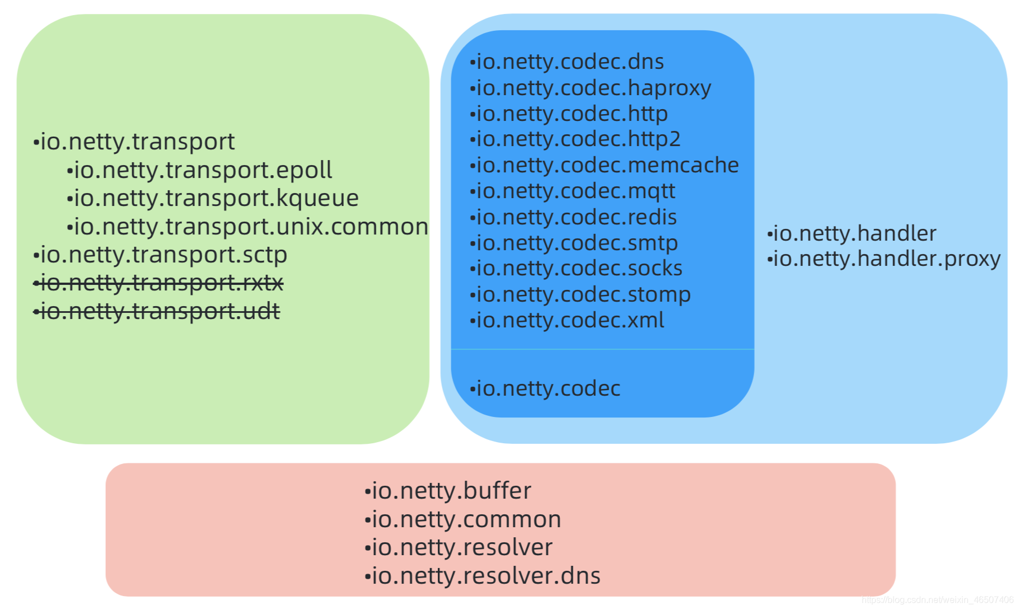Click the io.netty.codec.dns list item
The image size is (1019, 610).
(x=567, y=62)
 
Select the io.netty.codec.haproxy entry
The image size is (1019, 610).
(x=590, y=88)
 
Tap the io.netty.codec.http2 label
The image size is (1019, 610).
(x=575, y=139)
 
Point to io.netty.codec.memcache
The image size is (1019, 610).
(x=604, y=165)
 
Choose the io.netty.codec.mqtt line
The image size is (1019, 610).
(x=572, y=191)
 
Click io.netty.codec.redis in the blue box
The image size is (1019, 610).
(x=573, y=217)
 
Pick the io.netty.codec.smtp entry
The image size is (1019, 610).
(x=573, y=243)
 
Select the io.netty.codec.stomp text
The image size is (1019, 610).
(x=580, y=294)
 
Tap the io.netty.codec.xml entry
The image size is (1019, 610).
(x=567, y=320)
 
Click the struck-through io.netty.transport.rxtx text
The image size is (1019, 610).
(x=158, y=283)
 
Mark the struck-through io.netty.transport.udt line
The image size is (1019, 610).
(x=157, y=311)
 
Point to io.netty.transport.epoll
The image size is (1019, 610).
(x=199, y=170)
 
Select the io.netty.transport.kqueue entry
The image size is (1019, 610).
(x=213, y=198)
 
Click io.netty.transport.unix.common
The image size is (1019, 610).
(x=247, y=227)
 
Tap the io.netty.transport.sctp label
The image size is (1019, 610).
(x=160, y=255)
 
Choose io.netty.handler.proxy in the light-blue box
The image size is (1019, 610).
(x=884, y=259)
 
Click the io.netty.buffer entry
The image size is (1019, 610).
(x=448, y=491)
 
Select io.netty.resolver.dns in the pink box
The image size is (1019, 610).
(x=483, y=576)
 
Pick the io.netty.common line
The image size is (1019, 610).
(x=463, y=519)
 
